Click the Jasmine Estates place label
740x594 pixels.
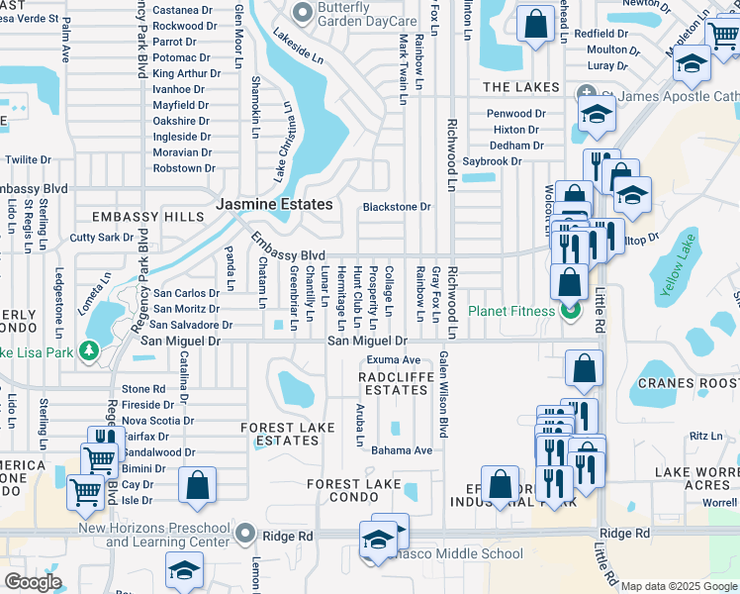pyautogui.click(x=274, y=204)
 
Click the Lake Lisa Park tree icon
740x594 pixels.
pyautogui.click(x=90, y=350)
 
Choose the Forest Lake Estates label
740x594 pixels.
pyautogui.click(x=280, y=434)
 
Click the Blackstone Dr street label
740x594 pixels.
pyautogui.click(x=397, y=207)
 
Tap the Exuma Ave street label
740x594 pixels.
pyautogui.click(x=394, y=359)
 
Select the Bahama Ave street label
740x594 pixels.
pyautogui.click(x=402, y=450)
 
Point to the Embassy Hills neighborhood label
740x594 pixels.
pyautogui.click(x=133, y=217)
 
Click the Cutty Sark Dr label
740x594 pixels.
pyautogui.click(x=101, y=238)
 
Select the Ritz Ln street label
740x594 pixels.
pyautogui.click(x=706, y=436)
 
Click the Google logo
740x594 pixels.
pyautogui.click(x=33, y=582)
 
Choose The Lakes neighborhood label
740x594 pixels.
pyautogui.click(x=521, y=88)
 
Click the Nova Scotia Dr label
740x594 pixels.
pyautogui.click(x=157, y=420)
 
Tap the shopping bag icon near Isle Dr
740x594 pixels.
pyautogui.click(x=197, y=484)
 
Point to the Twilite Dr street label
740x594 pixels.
pyautogui.click(x=28, y=159)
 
